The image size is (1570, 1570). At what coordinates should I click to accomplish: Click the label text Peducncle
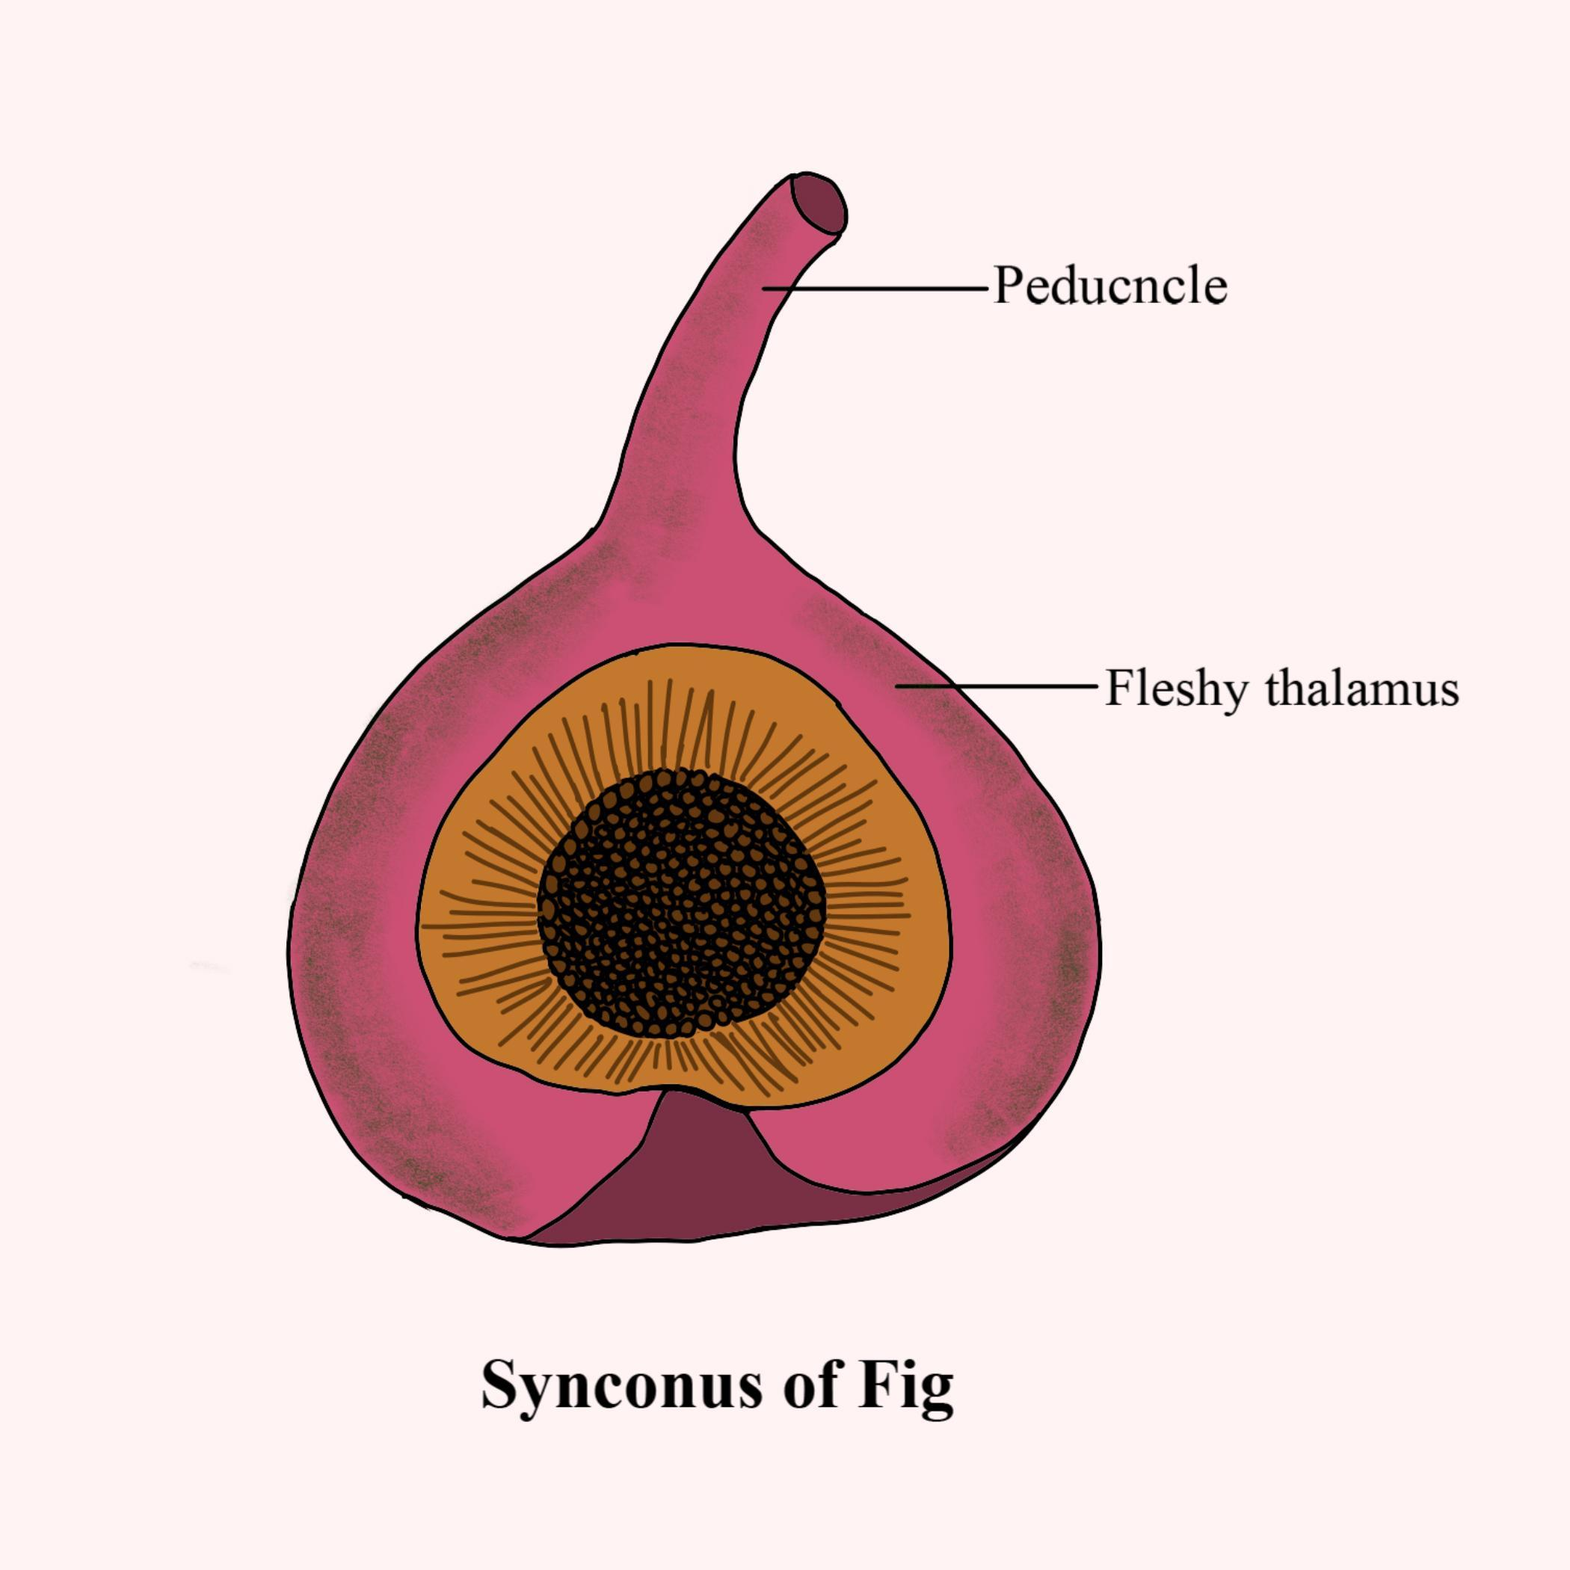(1109, 286)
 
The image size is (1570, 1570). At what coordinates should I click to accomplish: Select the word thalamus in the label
(1363, 690)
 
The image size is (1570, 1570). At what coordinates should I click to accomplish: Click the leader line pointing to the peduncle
(878, 288)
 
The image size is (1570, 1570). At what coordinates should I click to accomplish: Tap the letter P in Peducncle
(1009, 286)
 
